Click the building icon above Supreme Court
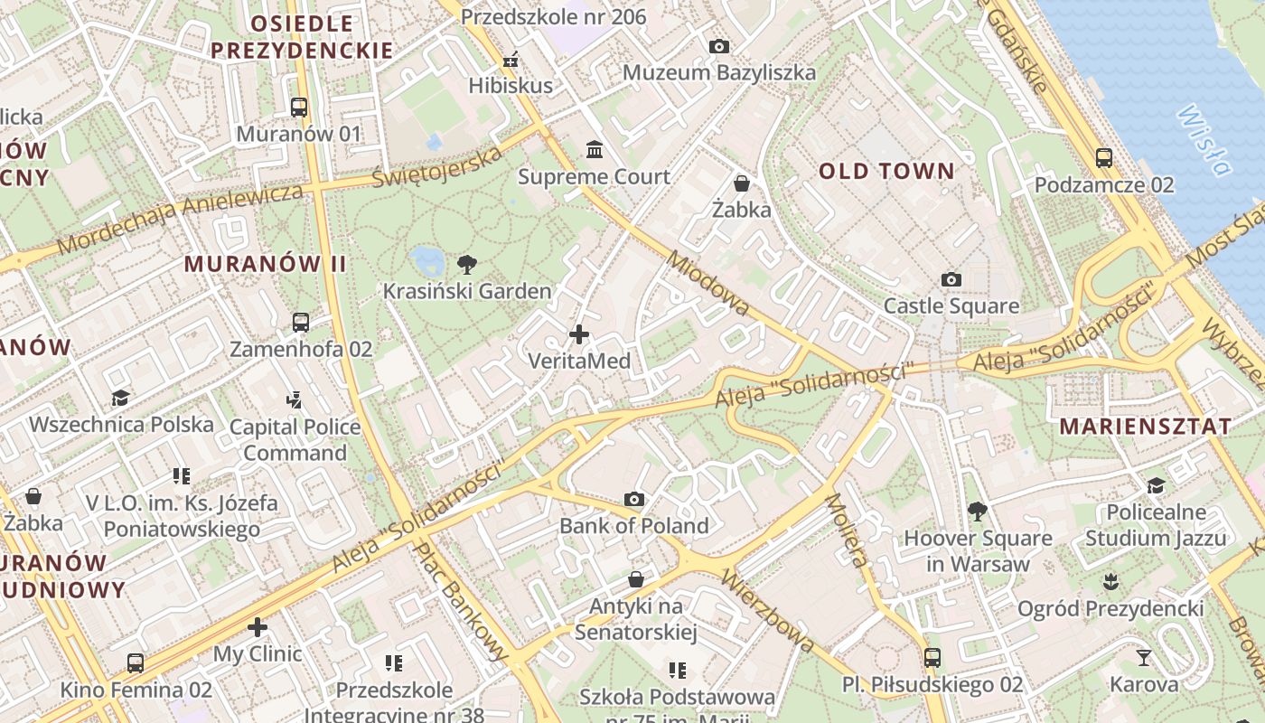595,149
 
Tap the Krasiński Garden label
467,291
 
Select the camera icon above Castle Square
951,280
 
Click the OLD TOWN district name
886,171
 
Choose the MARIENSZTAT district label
1145,426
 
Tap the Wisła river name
1205,140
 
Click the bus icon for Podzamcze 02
1103,158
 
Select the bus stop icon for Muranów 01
299,108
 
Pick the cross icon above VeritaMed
579,335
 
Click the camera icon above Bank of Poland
634,500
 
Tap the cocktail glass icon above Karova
1144,657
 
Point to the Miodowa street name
707,283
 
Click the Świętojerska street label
438,166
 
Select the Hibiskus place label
511,86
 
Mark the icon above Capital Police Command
294,399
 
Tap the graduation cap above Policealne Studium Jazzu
1156,486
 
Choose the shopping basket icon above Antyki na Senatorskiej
636,579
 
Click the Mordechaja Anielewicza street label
180,218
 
